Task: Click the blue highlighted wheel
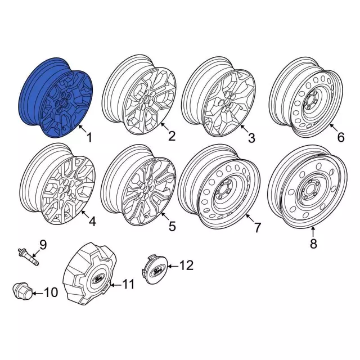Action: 56,97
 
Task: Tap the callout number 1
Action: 89,137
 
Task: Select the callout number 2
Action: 172,136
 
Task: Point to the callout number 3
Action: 251,138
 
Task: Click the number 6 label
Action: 341,137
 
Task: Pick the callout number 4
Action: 92,222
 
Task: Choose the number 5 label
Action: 172,226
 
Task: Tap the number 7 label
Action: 258,227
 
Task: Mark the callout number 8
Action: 313,244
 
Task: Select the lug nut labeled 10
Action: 22,291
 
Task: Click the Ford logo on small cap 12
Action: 158,272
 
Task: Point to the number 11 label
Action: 127,284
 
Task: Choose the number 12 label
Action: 186,265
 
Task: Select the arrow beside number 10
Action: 37,293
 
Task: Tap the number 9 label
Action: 43,245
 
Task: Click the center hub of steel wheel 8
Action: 308,190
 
